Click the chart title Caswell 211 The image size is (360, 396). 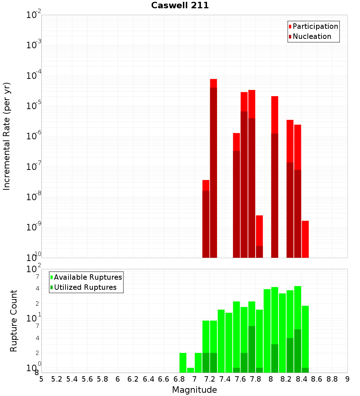[x=180, y=6]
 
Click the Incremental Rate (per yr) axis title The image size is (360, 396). [x=7, y=136]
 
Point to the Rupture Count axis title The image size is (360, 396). [x=14, y=321]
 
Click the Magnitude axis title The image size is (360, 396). [x=194, y=390]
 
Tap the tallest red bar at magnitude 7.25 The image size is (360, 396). [x=213, y=83]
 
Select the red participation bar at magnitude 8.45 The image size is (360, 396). [x=305, y=239]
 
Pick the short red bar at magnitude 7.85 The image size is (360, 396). [x=260, y=230]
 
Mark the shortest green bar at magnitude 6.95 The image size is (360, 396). [x=190, y=370]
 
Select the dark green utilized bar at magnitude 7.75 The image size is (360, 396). [x=252, y=349]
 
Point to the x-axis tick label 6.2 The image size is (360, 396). [x=133, y=379]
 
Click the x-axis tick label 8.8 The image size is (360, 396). [x=332, y=379]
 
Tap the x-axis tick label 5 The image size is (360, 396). [x=41, y=379]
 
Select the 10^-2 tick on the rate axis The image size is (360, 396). [x=34, y=15]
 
